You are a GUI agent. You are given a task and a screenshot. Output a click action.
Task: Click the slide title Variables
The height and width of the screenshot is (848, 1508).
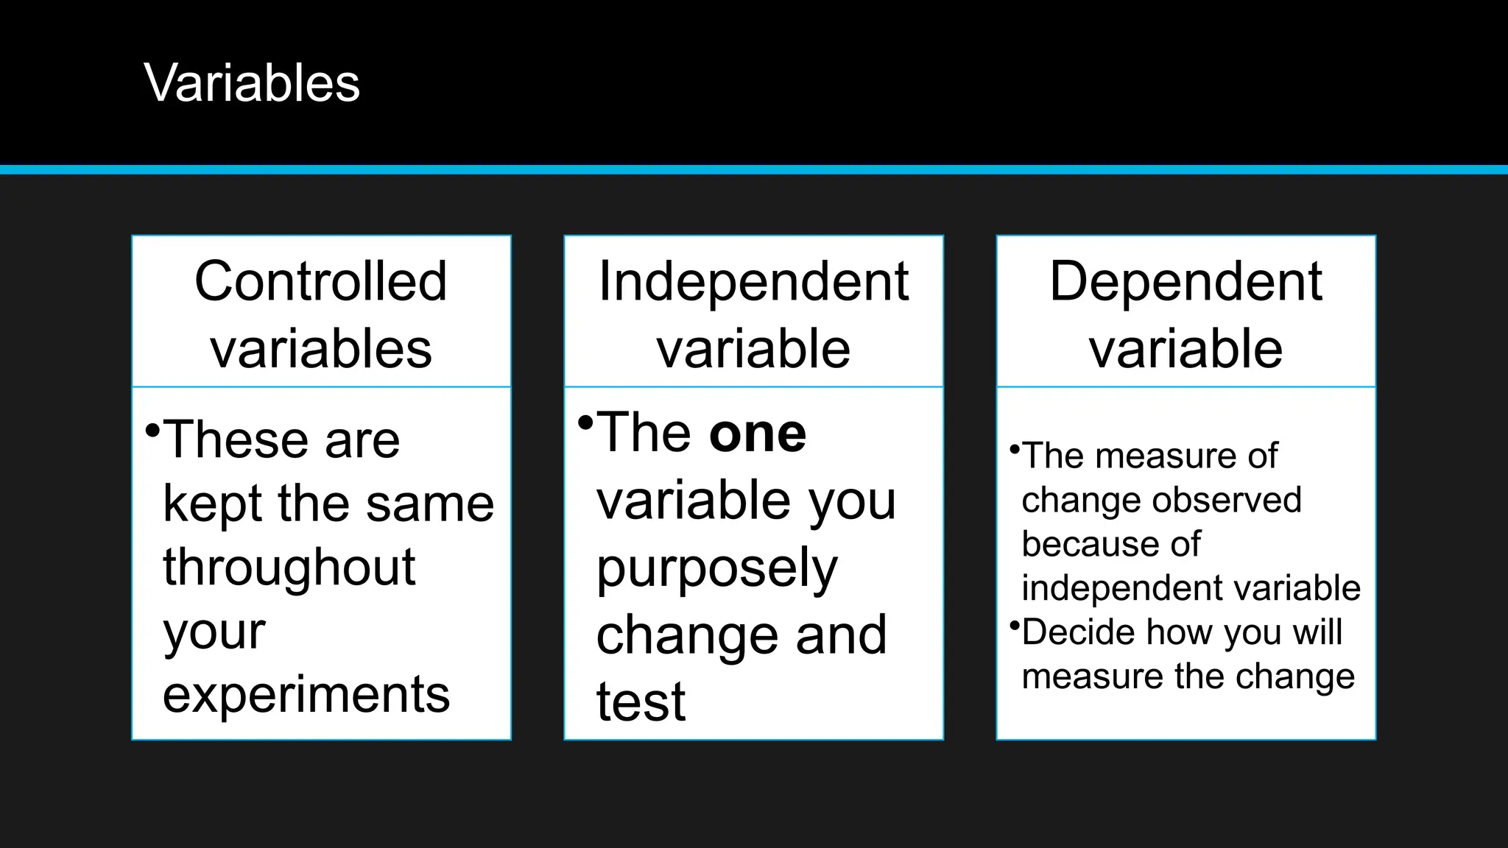[x=252, y=82]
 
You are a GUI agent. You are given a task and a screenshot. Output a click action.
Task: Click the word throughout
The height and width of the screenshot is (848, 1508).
[x=289, y=567]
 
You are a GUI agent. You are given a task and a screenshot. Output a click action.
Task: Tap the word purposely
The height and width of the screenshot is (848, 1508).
[x=717, y=568]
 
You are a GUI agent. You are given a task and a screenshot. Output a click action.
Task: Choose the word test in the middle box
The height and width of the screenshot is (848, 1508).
[x=641, y=702]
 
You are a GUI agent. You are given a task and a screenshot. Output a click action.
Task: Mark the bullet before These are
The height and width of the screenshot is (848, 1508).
[x=152, y=429]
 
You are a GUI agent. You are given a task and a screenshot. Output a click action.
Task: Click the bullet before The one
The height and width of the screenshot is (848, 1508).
[x=585, y=423]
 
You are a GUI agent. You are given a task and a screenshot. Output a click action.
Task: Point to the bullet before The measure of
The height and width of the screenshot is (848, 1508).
[x=1015, y=448]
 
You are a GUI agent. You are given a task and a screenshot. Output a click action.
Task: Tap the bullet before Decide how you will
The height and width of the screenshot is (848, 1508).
[x=1015, y=626]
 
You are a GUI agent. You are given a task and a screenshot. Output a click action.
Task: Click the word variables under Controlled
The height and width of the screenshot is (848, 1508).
[x=321, y=349]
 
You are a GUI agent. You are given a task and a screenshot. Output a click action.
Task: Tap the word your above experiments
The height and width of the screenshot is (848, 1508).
[x=214, y=632]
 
